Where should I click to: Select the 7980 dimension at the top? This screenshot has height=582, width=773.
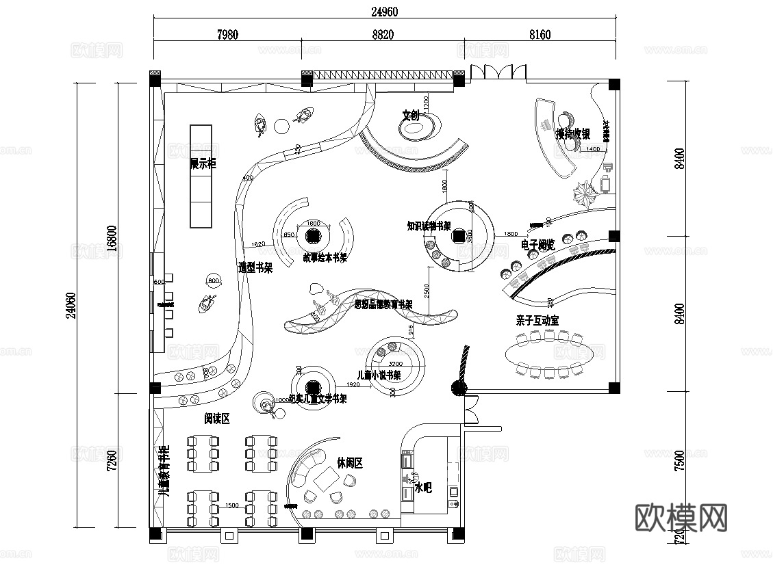coord(227,35)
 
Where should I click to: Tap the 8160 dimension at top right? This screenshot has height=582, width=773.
coord(540,35)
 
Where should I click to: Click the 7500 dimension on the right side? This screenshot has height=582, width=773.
coord(679,461)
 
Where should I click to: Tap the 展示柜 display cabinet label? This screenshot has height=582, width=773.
coord(203,164)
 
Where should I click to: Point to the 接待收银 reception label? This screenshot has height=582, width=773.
coord(573,134)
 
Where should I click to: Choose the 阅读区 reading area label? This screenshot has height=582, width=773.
coord(216,419)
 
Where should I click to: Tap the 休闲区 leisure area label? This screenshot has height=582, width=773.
coord(349,463)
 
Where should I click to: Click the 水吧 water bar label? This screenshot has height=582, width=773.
coord(423,488)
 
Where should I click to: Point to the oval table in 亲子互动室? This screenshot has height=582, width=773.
coord(550,354)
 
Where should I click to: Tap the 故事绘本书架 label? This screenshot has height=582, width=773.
coord(325,258)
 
